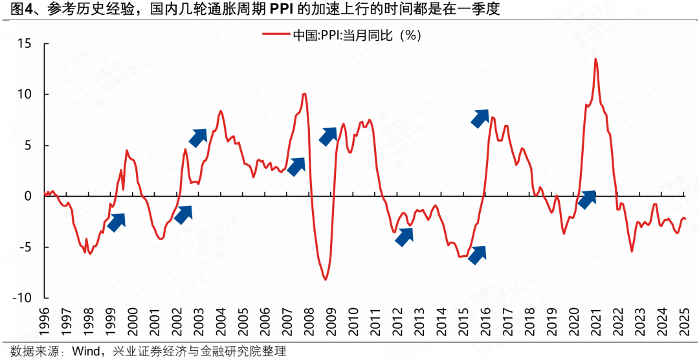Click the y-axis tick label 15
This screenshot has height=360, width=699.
coord(24,44)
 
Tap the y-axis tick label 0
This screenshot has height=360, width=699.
coord(27,196)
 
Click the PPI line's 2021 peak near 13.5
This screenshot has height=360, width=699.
coord(595,59)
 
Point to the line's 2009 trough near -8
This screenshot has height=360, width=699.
coord(325,280)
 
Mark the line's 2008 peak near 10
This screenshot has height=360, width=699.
coord(304,94)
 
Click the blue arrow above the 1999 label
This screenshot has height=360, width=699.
coord(116,222)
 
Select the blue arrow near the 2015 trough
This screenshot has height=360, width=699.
coord(477,255)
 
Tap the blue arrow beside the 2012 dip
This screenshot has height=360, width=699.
coord(404,236)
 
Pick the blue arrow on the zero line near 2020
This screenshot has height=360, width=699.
coord(586,200)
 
